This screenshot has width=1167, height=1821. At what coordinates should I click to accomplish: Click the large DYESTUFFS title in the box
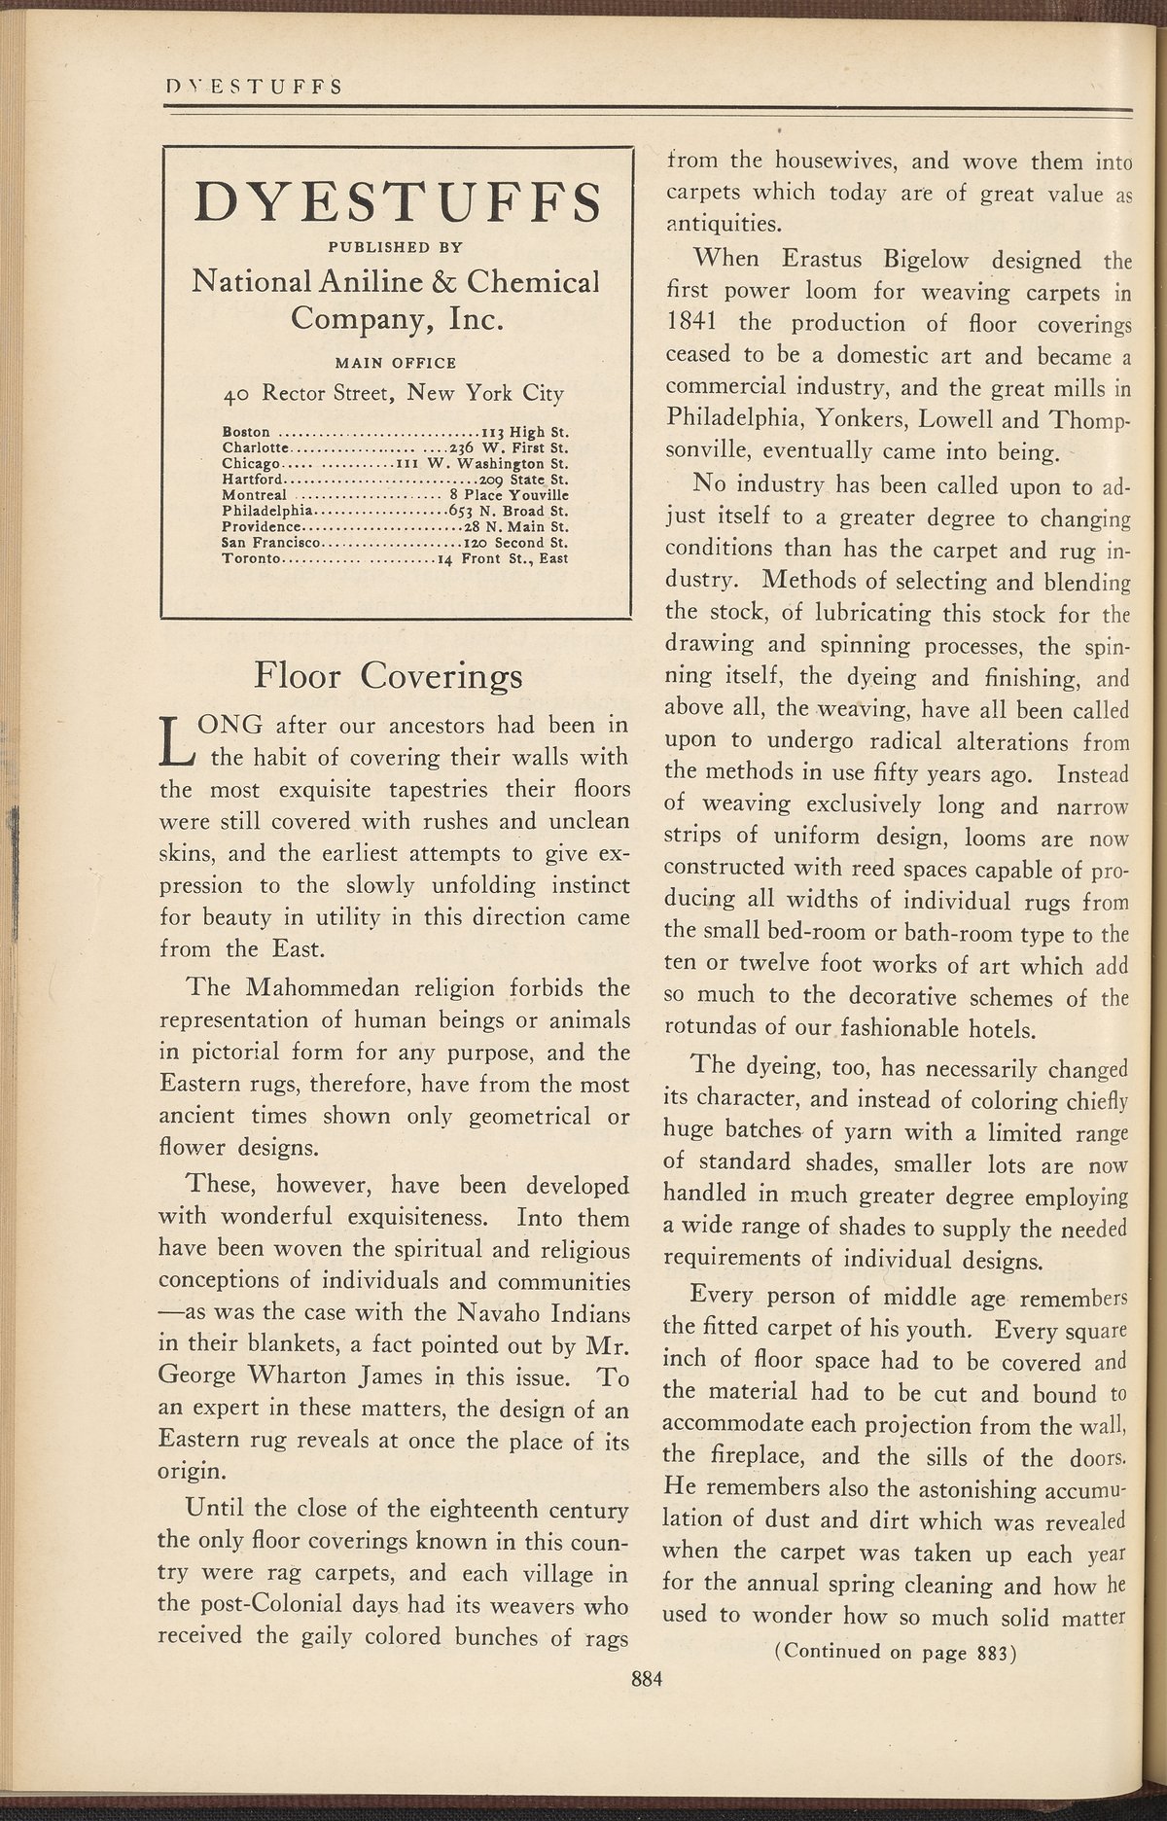[x=396, y=203]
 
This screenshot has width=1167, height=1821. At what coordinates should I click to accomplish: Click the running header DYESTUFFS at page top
[x=252, y=86]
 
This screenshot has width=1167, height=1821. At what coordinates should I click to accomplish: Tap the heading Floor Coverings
[x=387, y=674]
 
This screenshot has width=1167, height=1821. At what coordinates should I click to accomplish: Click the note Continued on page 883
[x=894, y=1651]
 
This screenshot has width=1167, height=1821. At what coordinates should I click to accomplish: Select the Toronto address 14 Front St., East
[x=502, y=558]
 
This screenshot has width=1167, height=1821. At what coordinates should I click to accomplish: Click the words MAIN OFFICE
[x=395, y=363]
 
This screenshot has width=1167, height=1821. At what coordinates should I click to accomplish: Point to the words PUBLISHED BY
[x=395, y=246]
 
